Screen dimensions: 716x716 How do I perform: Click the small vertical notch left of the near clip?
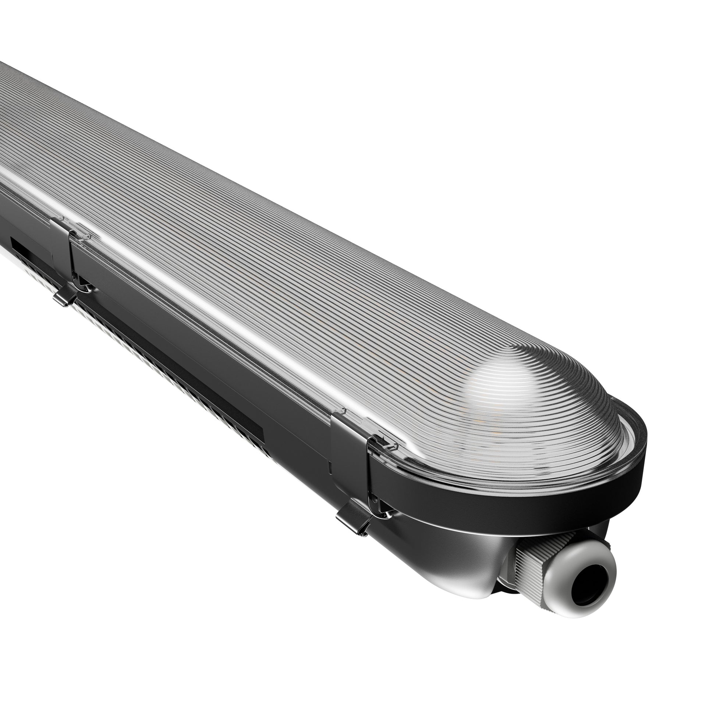[x=329, y=468]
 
